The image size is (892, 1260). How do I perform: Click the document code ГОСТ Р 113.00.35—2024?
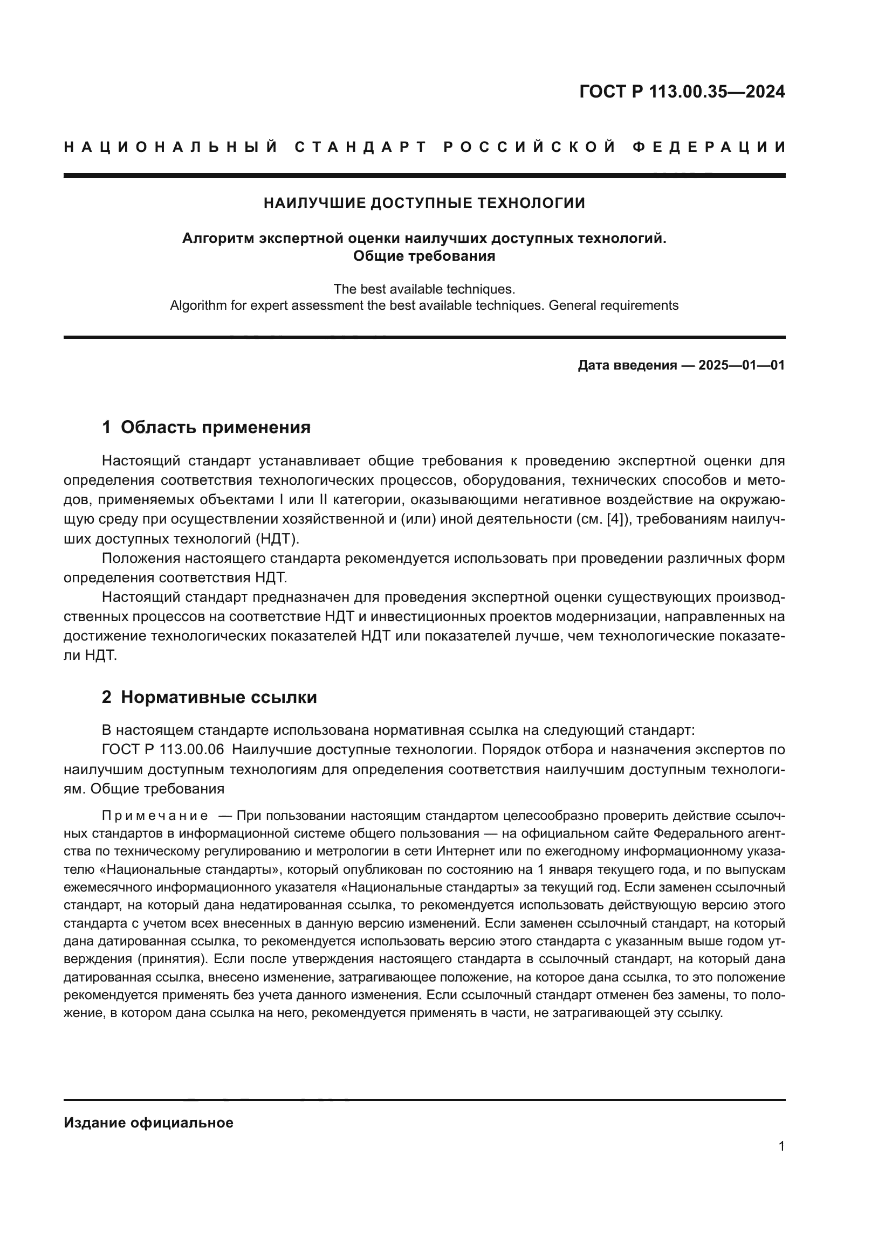point(682,92)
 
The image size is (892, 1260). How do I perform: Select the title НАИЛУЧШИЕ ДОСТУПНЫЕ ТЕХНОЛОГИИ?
point(424,203)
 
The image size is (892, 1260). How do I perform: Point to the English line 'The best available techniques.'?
point(424,289)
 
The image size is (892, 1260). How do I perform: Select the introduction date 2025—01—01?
point(742,365)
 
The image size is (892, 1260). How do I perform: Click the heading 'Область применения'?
point(215,427)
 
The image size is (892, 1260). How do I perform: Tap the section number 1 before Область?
point(107,427)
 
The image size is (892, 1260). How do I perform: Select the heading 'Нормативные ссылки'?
point(218,697)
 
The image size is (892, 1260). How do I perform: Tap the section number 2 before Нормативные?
point(107,697)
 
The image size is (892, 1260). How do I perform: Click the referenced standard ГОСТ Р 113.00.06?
point(163,749)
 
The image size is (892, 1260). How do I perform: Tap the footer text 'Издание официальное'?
point(148,1122)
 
